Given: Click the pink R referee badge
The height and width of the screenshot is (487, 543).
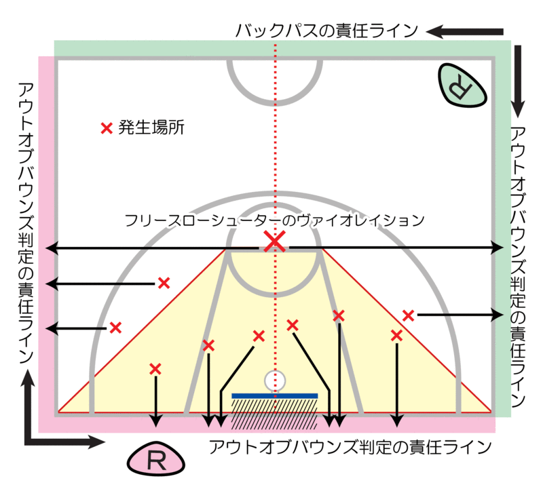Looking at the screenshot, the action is [x=156, y=461].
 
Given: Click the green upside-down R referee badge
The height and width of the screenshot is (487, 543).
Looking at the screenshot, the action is [x=462, y=84].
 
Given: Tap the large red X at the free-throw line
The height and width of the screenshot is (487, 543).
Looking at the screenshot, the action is [x=274, y=241].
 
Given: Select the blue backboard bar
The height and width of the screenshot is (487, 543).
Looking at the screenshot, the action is [x=274, y=395].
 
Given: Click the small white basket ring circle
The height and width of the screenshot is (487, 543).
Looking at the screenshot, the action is [x=274, y=381].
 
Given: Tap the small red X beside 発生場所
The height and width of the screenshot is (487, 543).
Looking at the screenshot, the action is [x=105, y=128].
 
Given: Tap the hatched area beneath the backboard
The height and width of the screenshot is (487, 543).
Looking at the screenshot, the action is [x=274, y=413].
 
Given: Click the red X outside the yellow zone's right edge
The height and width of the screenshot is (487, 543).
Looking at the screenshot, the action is [x=408, y=315].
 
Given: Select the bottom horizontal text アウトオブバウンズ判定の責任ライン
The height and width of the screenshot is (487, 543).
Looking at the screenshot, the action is [x=350, y=447].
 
